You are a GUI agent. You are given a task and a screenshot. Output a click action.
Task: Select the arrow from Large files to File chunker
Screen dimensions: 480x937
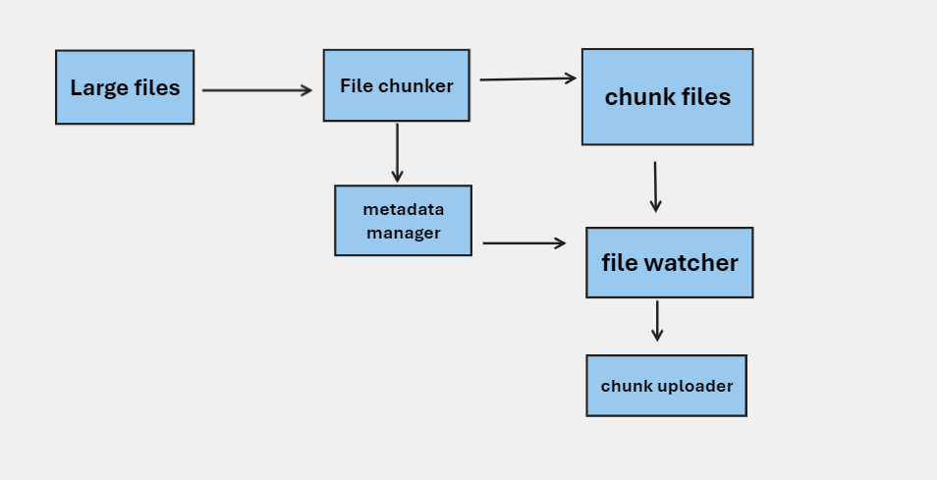click(256, 90)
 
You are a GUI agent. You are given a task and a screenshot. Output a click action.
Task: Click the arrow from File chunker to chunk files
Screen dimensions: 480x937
click(527, 79)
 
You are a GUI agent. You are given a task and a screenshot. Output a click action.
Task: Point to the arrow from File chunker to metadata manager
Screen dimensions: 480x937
click(397, 152)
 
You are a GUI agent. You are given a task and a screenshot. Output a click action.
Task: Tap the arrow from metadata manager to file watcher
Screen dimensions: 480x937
click(524, 242)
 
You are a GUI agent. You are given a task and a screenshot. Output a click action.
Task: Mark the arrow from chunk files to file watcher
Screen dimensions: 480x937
click(655, 187)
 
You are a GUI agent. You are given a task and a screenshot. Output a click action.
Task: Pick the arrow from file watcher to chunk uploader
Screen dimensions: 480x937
click(657, 321)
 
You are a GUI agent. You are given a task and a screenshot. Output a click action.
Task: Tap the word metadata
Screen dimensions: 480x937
click(403, 210)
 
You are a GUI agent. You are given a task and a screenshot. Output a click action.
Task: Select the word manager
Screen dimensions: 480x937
click(403, 233)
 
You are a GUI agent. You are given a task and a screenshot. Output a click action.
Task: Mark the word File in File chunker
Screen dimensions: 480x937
click(355, 86)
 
